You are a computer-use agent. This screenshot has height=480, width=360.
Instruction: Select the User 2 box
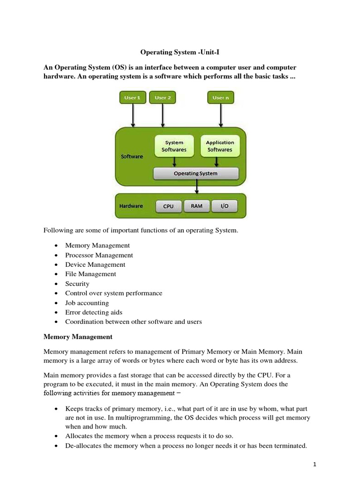click(163, 97)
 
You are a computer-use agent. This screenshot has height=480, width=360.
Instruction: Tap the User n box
click(220, 97)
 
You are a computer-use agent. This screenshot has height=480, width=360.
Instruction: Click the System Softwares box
click(174, 146)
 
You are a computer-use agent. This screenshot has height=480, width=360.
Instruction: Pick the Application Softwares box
click(219, 146)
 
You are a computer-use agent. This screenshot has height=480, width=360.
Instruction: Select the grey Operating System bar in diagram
click(196, 173)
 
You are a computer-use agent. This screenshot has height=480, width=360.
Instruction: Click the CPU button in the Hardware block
click(168, 206)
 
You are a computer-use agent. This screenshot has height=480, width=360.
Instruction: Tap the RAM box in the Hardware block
click(197, 206)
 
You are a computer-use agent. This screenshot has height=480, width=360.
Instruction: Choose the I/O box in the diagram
click(225, 206)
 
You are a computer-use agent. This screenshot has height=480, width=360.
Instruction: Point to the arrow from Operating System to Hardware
click(197, 187)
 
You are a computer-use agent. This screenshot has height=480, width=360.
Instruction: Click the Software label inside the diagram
click(132, 156)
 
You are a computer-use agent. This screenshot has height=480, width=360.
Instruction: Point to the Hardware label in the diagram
click(131, 206)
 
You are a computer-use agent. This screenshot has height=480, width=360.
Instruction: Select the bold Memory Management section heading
click(78, 337)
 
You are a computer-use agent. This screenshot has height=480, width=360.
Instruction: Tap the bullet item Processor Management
click(99, 255)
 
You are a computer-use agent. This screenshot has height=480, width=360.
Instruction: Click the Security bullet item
click(77, 284)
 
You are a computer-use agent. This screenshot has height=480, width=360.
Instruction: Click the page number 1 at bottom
click(315, 465)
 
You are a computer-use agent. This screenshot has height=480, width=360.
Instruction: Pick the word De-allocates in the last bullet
click(82, 446)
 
